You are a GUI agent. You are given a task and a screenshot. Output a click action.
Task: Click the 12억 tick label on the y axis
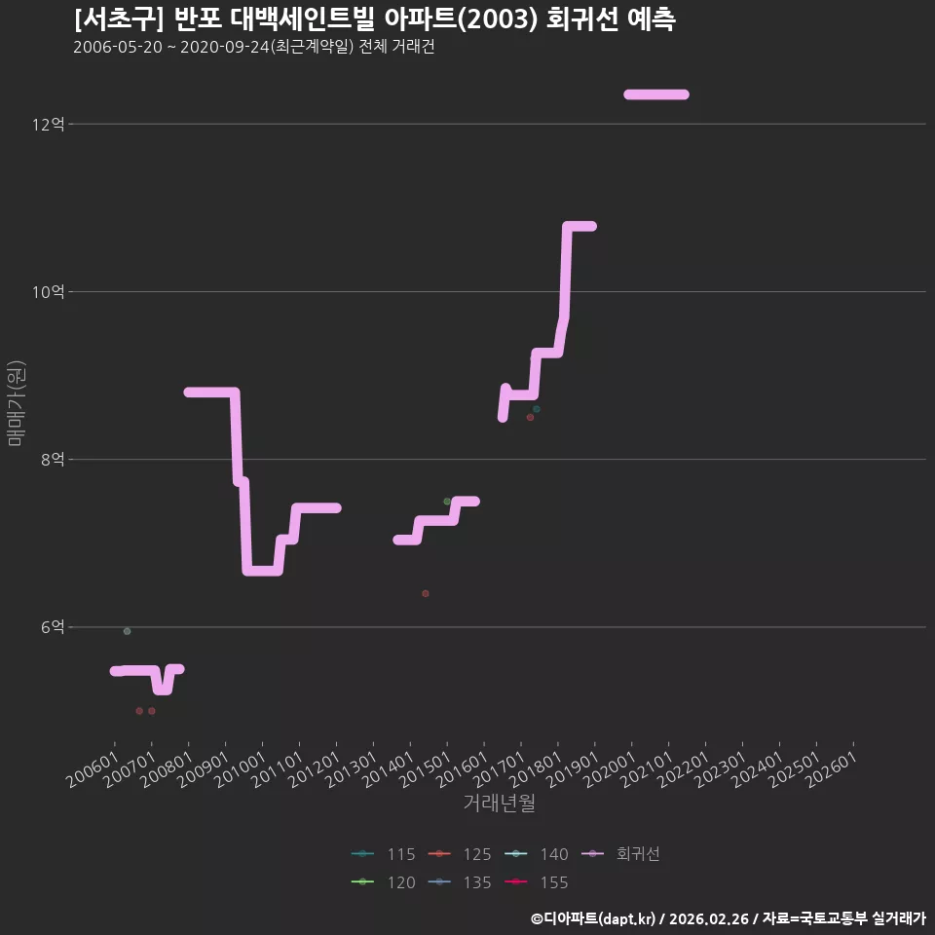point(49,124)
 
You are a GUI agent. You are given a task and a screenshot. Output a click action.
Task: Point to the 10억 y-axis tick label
point(49,291)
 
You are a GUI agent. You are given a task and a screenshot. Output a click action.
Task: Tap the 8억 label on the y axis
point(53,459)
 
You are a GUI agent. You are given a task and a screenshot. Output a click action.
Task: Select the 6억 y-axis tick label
point(53,626)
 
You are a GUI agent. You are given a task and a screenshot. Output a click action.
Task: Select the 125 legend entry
point(460,854)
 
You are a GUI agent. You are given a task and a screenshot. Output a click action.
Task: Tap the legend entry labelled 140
point(536,854)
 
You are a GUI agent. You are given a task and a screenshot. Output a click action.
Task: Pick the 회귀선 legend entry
point(620,854)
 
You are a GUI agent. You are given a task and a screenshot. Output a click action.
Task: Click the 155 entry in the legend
point(536,882)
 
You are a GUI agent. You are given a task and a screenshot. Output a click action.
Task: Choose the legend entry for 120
point(384,882)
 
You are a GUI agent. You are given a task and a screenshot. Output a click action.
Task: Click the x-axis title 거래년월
point(499,804)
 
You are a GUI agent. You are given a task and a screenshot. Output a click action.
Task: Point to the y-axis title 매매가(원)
point(17,403)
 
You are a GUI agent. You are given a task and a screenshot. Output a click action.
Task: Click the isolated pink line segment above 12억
point(655,94)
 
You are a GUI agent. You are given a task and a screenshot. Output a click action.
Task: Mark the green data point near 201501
point(447,502)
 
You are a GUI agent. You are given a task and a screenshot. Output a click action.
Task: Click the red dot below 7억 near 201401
point(426,593)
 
